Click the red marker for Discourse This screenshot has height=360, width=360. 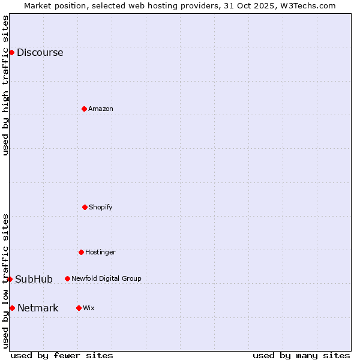(x=11, y=52)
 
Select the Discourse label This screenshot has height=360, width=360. (x=40, y=53)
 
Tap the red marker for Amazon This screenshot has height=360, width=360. (x=84, y=109)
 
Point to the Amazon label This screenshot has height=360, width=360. (x=100, y=109)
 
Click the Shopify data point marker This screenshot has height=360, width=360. (x=85, y=207)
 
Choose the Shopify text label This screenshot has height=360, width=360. (x=100, y=208)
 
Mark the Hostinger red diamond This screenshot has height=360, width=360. (x=81, y=252)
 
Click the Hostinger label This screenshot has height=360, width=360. (x=100, y=253)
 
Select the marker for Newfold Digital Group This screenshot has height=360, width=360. (x=67, y=278)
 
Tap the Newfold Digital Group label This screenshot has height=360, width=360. (x=106, y=279)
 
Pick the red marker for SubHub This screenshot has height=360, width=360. (x=10, y=279)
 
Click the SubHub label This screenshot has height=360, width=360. (x=34, y=280)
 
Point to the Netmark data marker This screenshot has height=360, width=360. (x=12, y=308)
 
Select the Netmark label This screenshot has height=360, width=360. (x=38, y=308)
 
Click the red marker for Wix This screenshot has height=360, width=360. (x=79, y=308)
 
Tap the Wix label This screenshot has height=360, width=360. (x=88, y=308)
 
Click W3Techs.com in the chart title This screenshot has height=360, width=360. (x=306, y=5)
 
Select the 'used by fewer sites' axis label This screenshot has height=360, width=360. (x=62, y=356)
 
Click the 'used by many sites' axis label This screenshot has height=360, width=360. (x=301, y=356)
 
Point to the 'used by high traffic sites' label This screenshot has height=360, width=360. (x=5, y=85)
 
